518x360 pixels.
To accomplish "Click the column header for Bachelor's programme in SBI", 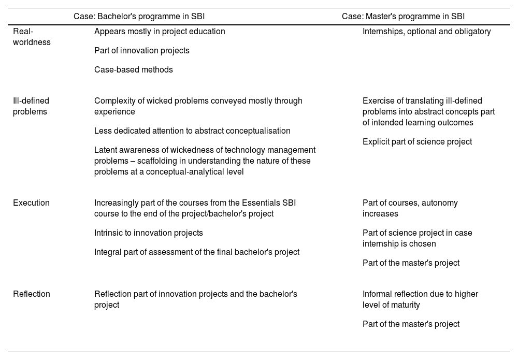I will (x=139, y=17).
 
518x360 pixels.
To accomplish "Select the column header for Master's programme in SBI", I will (x=403, y=17).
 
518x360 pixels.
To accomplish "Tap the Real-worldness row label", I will (x=32, y=37).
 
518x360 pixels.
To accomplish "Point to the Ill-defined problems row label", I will (x=31, y=106).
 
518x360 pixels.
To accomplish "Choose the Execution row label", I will (x=31, y=203).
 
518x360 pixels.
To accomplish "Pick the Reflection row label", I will (x=32, y=294).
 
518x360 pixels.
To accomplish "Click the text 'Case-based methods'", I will (x=134, y=70).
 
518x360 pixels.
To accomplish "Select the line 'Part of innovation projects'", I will (x=142, y=51).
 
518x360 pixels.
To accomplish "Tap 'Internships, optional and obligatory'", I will (x=426, y=32).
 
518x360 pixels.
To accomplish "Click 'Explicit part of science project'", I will (x=417, y=142).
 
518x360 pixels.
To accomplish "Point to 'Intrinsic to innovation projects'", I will (x=149, y=233).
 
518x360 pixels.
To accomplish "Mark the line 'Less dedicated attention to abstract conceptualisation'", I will (x=192, y=131).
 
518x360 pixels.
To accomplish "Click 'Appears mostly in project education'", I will (x=160, y=32).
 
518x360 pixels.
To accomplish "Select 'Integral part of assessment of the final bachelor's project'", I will (x=197, y=252).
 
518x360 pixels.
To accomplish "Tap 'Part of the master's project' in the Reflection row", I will (x=411, y=324).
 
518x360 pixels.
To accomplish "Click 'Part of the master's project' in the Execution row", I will (x=411, y=263).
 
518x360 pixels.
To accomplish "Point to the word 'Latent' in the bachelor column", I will (x=105, y=150).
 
